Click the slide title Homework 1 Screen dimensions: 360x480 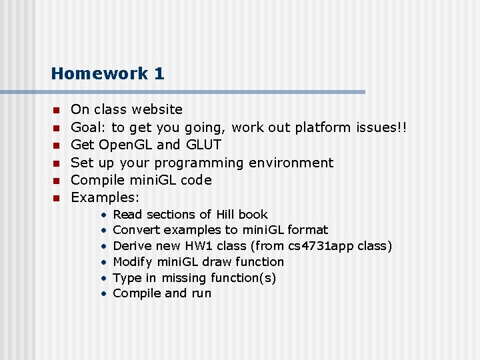[107, 73]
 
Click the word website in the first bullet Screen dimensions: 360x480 [157, 109]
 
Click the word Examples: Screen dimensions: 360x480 [105, 197]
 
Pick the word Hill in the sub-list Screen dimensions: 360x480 [224, 215]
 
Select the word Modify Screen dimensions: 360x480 [133, 262]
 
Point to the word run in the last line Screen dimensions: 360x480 [201, 293]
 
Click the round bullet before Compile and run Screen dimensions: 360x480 [104, 294]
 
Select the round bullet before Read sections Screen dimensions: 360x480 [104, 215]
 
